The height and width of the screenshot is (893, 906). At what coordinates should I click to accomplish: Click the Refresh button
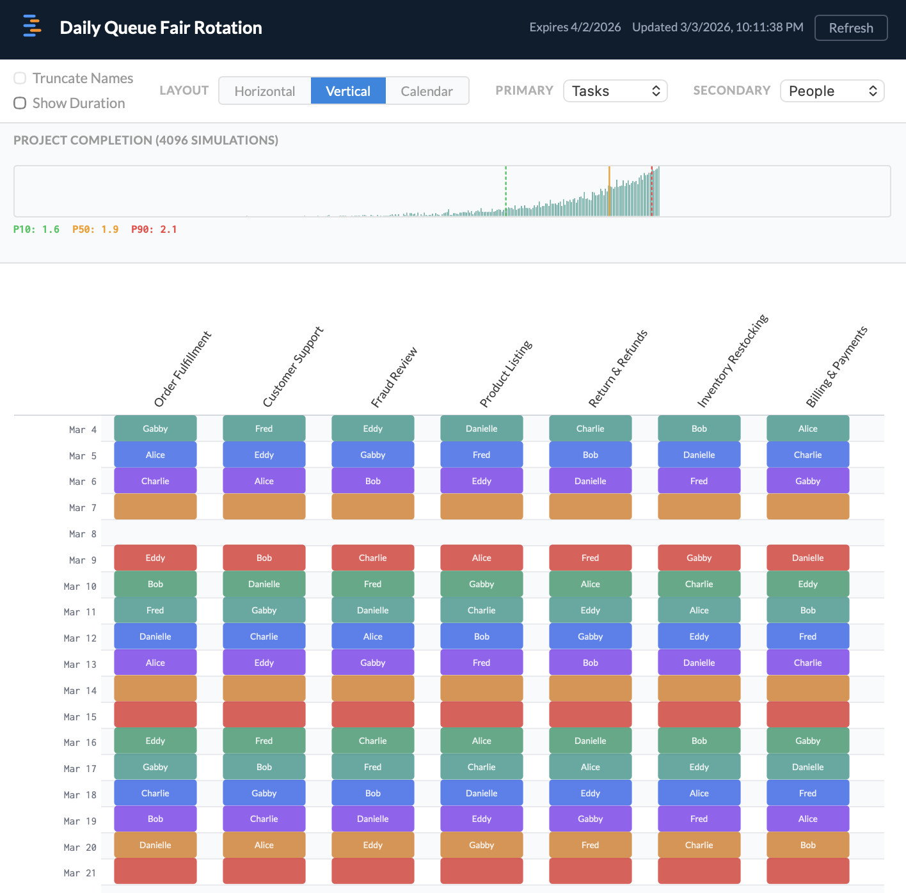[850, 28]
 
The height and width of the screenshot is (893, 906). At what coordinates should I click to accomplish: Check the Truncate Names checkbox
[20, 78]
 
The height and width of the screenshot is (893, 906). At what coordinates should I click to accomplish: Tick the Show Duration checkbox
[20, 103]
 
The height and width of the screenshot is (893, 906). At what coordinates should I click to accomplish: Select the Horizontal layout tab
[265, 91]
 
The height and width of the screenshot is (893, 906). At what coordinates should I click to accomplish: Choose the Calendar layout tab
[427, 91]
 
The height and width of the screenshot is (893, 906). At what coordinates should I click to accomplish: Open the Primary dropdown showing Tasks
[615, 91]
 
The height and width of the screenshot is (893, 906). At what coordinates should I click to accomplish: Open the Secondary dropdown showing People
[832, 91]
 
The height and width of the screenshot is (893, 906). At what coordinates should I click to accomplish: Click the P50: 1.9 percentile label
[95, 230]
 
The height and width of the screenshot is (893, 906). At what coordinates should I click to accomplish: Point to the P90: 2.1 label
[154, 230]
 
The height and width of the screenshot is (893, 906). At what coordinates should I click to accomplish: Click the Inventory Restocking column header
[732, 361]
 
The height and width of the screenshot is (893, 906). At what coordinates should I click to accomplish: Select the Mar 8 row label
[83, 534]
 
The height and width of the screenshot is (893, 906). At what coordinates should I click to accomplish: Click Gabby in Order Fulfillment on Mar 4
[155, 429]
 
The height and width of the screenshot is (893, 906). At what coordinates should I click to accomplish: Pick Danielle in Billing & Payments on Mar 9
[807, 558]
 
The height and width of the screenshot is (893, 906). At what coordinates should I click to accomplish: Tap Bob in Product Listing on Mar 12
[481, 636]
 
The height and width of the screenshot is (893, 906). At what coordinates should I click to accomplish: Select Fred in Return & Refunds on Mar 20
[590, 845]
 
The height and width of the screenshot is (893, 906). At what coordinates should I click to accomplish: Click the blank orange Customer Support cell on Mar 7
[264, 507]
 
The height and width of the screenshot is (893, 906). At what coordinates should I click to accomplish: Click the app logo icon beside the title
[32, 27]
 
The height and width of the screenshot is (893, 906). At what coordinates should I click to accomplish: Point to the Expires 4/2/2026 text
[575, 28]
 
